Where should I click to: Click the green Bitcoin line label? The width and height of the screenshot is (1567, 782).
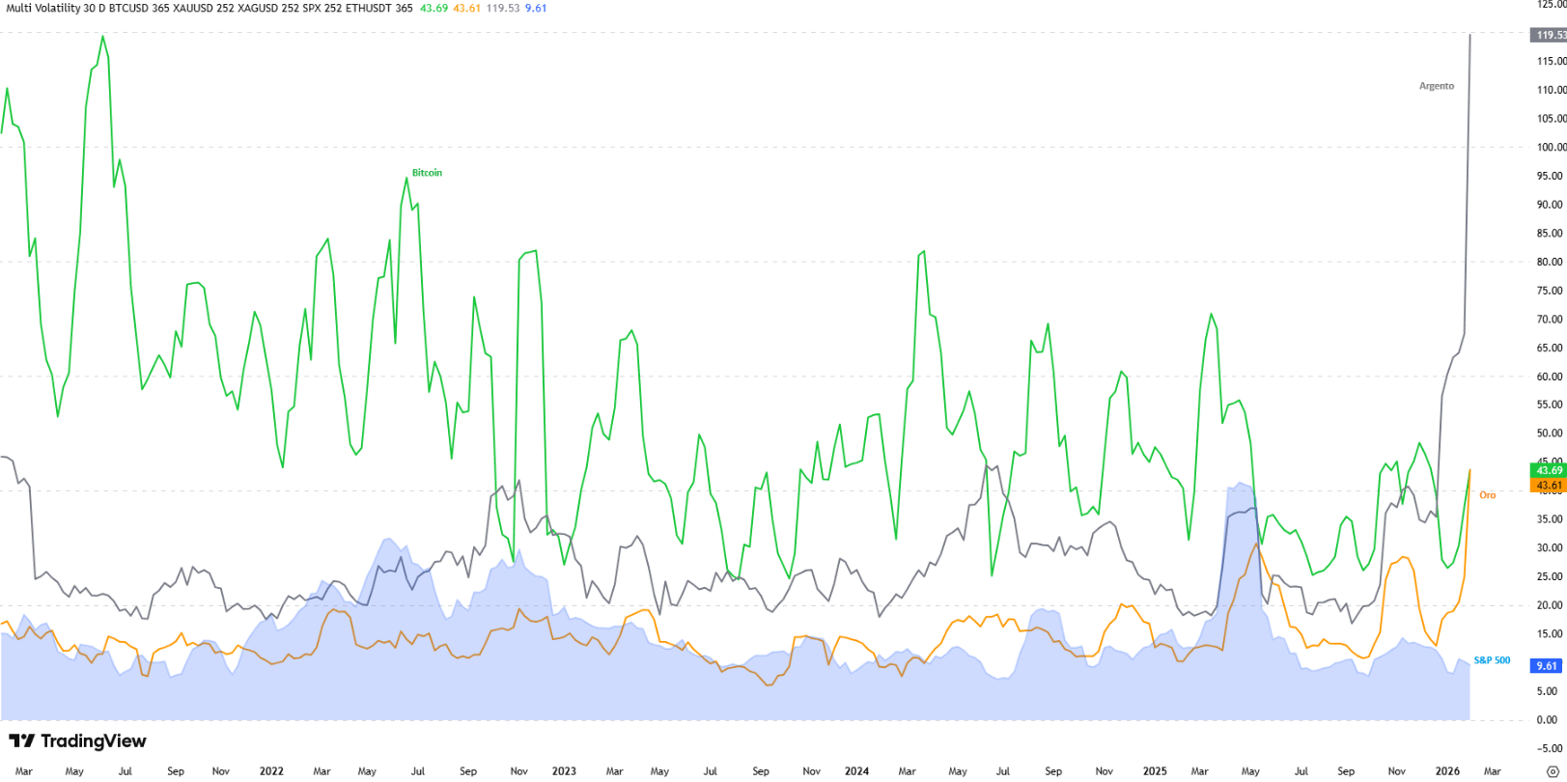[427, 173]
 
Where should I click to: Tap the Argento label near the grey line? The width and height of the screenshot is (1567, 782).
[1436, 86]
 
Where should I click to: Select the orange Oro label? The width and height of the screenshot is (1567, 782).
[1487, 495]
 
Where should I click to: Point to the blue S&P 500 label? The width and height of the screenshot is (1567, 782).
[1492, 660]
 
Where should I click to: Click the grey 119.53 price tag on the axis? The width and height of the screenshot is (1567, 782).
[1549, 35]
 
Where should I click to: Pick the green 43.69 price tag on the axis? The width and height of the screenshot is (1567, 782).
[1549, 470]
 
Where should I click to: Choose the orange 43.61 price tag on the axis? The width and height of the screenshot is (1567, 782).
[1549, 485]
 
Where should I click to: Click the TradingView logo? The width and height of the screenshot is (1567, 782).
[77, 741]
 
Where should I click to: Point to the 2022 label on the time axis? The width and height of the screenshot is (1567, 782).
[271, 771]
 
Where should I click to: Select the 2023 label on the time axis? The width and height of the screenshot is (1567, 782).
[564, 771]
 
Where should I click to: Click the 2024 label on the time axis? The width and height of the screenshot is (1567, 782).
[855, 771]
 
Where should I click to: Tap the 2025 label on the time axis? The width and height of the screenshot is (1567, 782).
[1155, 771]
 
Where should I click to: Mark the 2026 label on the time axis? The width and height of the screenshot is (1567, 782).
[1446, 771]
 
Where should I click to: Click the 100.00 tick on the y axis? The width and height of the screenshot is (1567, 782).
[1551, 147]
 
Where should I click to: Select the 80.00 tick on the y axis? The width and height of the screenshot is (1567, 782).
[1551, 262]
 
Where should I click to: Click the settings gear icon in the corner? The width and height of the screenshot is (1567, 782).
[1553, 771]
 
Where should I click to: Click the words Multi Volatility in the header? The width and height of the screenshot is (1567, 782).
[39, 8]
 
